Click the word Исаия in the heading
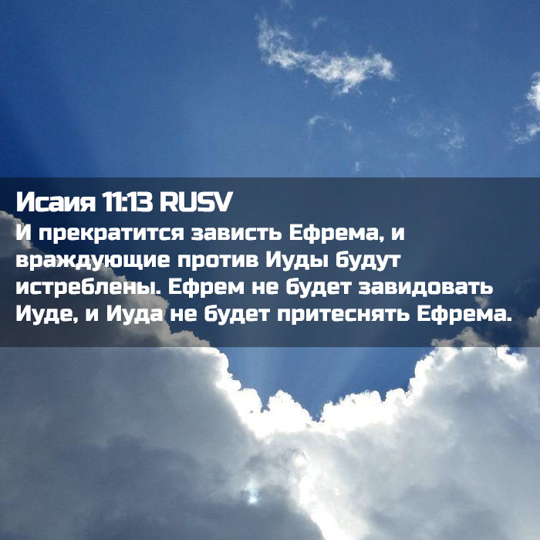click(x=56, y=202)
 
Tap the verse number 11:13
click(x=127, y=202)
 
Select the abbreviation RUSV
click(x=196, y=202)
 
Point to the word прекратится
click(x=111, y=234)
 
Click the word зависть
click(x=237, y=233)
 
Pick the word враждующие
click(x=93, y=261)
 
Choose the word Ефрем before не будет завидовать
click(x=206, y=288)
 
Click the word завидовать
click(x=425, y=288)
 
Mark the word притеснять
click(x=343, y=315)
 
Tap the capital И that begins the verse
click(x=23, y=233)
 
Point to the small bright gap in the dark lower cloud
click(x=252, y=492)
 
